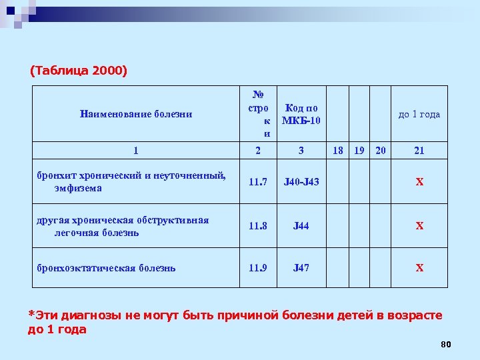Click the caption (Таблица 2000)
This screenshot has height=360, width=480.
pos(79,70)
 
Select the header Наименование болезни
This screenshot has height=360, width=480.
pos(135,114)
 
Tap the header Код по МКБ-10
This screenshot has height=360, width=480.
pos(301,114)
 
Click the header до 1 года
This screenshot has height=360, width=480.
pos(419,114)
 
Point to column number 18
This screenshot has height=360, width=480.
pos(338,151)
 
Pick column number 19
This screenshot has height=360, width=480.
pos(359,151)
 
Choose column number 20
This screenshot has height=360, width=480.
pos(380,151)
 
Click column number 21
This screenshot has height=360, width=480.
pos(419,151)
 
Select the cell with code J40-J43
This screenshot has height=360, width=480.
pos(301,182)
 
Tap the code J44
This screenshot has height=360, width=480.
pos(301,226)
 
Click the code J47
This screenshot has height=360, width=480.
pos(301,268)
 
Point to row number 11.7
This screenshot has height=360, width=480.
pos(258,182)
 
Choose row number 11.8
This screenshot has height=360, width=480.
pos(258,226)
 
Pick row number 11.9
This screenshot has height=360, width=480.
pos(258,268)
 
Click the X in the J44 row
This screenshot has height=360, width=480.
pos(419,226)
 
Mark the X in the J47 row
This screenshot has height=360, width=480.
pos(419,268)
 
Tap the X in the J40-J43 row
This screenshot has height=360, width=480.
pos(419,182)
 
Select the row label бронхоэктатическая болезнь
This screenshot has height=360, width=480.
pos(106,268)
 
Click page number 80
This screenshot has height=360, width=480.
pos(446,344)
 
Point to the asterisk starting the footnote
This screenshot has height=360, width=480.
pos(30,314)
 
